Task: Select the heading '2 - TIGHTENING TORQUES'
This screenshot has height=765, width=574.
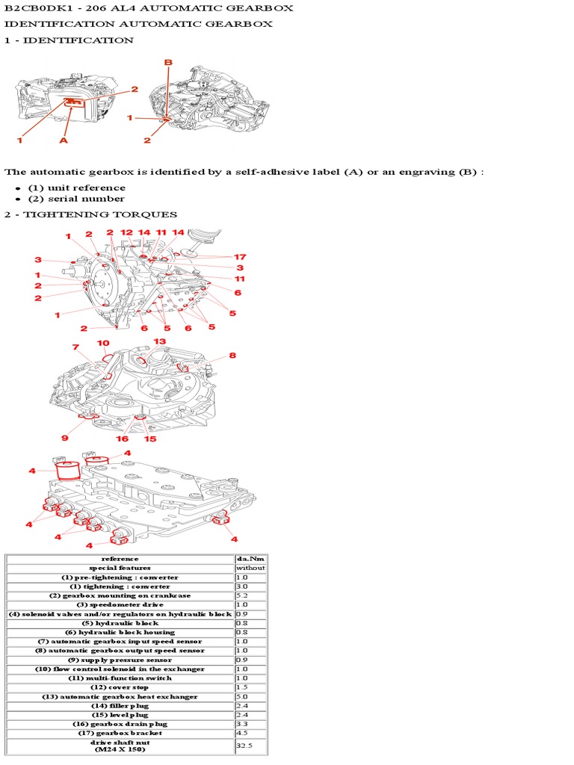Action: pos(90,214)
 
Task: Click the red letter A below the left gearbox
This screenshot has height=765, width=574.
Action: pos(63,139)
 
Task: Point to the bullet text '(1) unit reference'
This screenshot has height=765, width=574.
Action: pos(76,188)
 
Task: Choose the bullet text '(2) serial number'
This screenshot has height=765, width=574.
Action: pos(76,199)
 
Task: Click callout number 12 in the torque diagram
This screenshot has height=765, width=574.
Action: pos(126,233)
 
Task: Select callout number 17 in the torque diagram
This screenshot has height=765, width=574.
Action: pos(240,257)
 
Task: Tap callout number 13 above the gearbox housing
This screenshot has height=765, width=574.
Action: pos(160,341)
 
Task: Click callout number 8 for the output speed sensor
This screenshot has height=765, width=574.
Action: pos(232,356)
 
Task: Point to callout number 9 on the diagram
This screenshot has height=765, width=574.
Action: pos(65,438)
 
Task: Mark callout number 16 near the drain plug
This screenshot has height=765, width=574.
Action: pos(123,439)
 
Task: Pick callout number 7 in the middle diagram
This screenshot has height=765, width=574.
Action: pos(75,347)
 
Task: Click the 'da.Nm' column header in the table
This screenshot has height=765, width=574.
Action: pos(249,558)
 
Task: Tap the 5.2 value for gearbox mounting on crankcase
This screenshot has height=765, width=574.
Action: pos(241,595)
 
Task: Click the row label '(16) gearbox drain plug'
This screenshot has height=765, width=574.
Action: pos(120,724)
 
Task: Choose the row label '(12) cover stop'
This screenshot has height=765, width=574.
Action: pos(120,687)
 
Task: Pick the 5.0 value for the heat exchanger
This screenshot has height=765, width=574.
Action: pos(241,696)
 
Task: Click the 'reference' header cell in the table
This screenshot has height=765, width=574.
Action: pos(120,558)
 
